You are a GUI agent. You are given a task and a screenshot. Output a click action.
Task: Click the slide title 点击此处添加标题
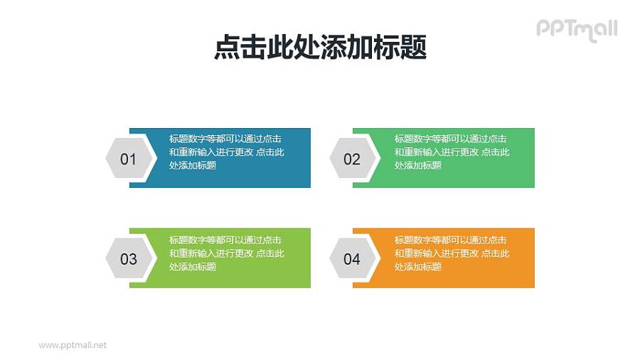pyautogui.click(x=320, y=48)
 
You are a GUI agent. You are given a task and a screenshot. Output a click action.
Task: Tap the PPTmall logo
pyautogui.click(x=576, y=29)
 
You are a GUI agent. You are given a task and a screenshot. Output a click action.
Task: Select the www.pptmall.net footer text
pyautogui.click(x=73, y=345)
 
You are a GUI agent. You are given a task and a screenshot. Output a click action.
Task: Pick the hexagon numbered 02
pyautogui.click(x=353, y=159)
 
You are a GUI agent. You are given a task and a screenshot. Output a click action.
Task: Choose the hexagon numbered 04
pyautogui.click(x=353, y=259)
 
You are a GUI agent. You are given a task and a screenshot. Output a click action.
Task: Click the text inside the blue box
pyautogui.click(x=227, y=152)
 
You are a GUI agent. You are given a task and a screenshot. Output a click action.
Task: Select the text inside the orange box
pyautogui.click(x=452, y=253)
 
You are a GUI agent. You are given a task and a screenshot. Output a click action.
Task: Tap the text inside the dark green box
pyautogui.click(x=452, y=152)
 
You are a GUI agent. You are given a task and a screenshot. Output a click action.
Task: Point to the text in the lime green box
pyautogui.click(x=227, y=253)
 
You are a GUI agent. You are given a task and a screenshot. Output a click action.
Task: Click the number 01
pyautogui.click(x=128, y=159)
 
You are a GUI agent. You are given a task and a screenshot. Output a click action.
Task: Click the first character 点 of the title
pyautogui.click(x=226, y=48)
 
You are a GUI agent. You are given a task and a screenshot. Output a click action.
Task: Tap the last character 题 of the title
pyautogui.click(x=414, y=48)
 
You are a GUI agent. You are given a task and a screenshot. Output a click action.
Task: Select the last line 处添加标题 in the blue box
pyautogui.click(x=193, y=166)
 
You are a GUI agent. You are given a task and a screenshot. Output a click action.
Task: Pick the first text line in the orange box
pyautogui.click(x=451, y=240)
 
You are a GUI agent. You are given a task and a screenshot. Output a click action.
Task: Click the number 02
pyautogui.click(x=352, y=159)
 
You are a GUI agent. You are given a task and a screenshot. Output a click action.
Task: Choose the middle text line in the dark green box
pyautogui.click(x=452, y=152)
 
